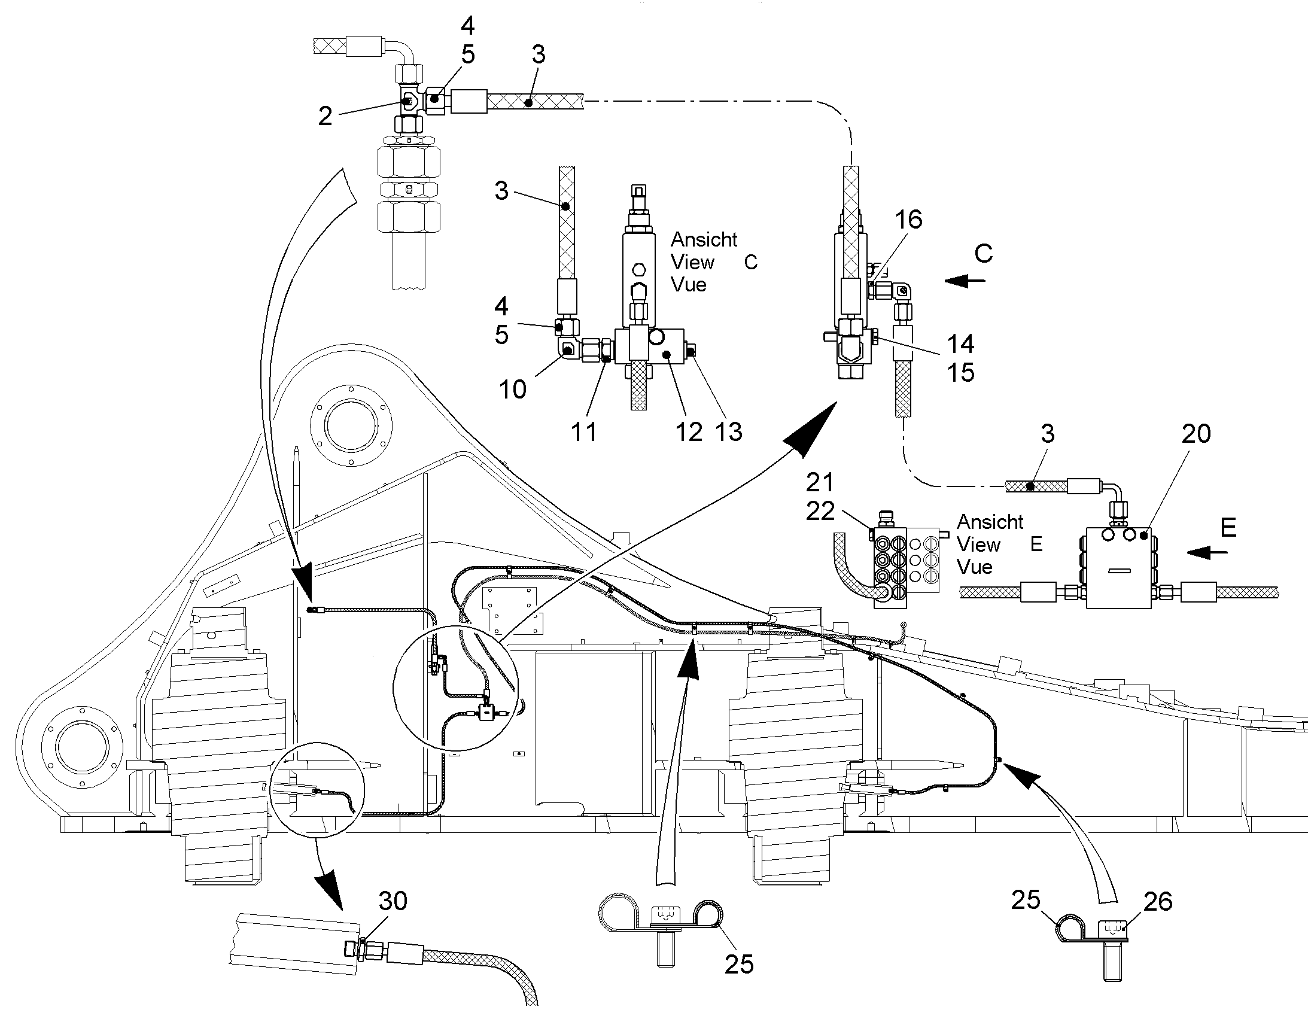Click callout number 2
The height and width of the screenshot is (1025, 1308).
point(325,117)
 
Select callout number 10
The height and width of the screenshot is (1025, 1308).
point(512,390)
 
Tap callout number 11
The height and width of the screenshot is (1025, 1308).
point(584,432)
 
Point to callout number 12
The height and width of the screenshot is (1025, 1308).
point(688,432)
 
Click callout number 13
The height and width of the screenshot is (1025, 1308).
point(728,432)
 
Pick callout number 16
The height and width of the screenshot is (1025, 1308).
point(908,220)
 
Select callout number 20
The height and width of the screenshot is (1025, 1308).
point(1196,434)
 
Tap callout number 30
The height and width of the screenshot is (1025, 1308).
point(393,901)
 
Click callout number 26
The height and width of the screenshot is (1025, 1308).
point(1157,901)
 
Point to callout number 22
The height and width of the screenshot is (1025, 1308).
point(820,511)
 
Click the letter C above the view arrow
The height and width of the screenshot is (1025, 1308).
point(984,254)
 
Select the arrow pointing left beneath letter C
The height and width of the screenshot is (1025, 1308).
point(965,280)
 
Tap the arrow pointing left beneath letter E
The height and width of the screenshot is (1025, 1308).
point(1207,552)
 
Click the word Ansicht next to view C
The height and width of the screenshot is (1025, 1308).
point(704,239)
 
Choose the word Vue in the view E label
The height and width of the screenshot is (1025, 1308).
point(974,567)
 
